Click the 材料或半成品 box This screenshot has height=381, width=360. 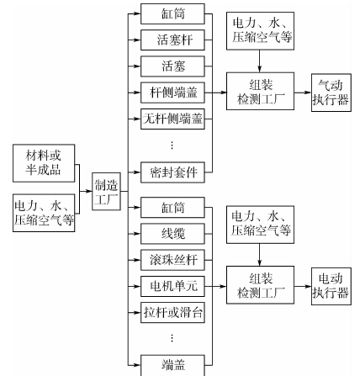point(44,163)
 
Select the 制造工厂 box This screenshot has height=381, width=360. point(106,192)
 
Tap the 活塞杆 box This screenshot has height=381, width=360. point(172,40)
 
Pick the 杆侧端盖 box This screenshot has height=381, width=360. point(172,93)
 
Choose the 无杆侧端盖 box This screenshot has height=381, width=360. point(172,119)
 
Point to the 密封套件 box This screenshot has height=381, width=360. point(172,172)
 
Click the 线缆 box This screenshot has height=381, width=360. point(172,234)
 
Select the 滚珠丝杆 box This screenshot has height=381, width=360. point(172,260)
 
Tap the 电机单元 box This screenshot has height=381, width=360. point(172,286)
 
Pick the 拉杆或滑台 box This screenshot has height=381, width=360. point(172,313)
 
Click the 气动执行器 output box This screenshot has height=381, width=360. point(331,93)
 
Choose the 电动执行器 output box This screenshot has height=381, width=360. point(331,286)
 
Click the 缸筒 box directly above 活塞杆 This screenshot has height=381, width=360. point(172,13)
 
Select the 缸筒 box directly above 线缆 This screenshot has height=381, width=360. point(172,208)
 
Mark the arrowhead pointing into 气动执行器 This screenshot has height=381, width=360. point(308,93)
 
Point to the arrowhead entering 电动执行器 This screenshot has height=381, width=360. point(308,286)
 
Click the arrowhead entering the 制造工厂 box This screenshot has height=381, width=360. point(89,192)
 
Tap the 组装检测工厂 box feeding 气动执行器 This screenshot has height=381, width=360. point(260,91)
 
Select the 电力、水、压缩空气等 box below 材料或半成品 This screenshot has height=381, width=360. point(44,213)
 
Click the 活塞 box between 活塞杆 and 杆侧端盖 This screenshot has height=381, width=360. point(172,66)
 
